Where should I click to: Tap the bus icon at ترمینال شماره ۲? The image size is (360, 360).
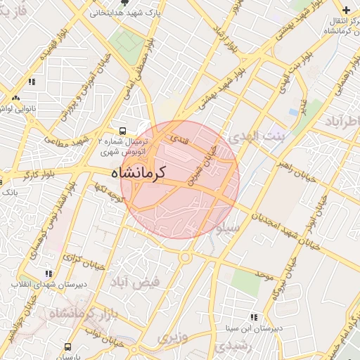point(123,130)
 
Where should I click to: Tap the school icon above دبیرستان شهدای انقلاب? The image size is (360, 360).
point(48,274)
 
